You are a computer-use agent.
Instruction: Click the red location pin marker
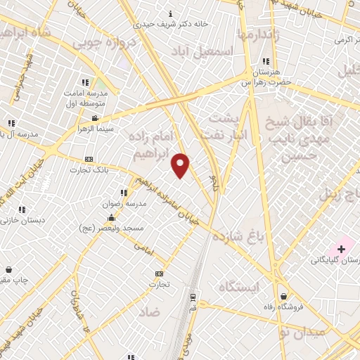pos(181,165)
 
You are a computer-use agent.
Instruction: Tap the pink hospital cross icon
pos(342,248)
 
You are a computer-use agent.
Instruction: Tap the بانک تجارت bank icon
pos(88,160)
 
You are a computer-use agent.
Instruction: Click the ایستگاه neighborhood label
pos(239,286)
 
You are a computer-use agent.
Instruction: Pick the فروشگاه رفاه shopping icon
pos(283,297)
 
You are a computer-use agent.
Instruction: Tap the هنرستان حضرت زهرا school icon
pos(265,61)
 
